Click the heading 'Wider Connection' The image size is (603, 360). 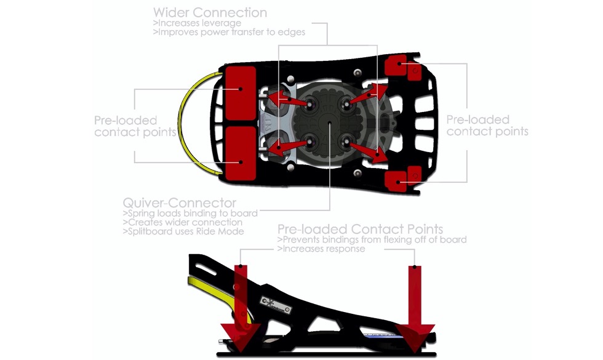coord(210,12)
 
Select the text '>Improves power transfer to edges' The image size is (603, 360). coord(229,32)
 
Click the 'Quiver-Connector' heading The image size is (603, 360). coord(179,203)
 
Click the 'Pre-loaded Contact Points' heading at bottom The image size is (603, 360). coord(360,230)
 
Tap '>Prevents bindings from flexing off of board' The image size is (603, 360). coord(372,239)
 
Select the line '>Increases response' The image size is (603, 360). coord(321,249)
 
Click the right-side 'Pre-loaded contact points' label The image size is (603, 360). coord(487,125)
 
